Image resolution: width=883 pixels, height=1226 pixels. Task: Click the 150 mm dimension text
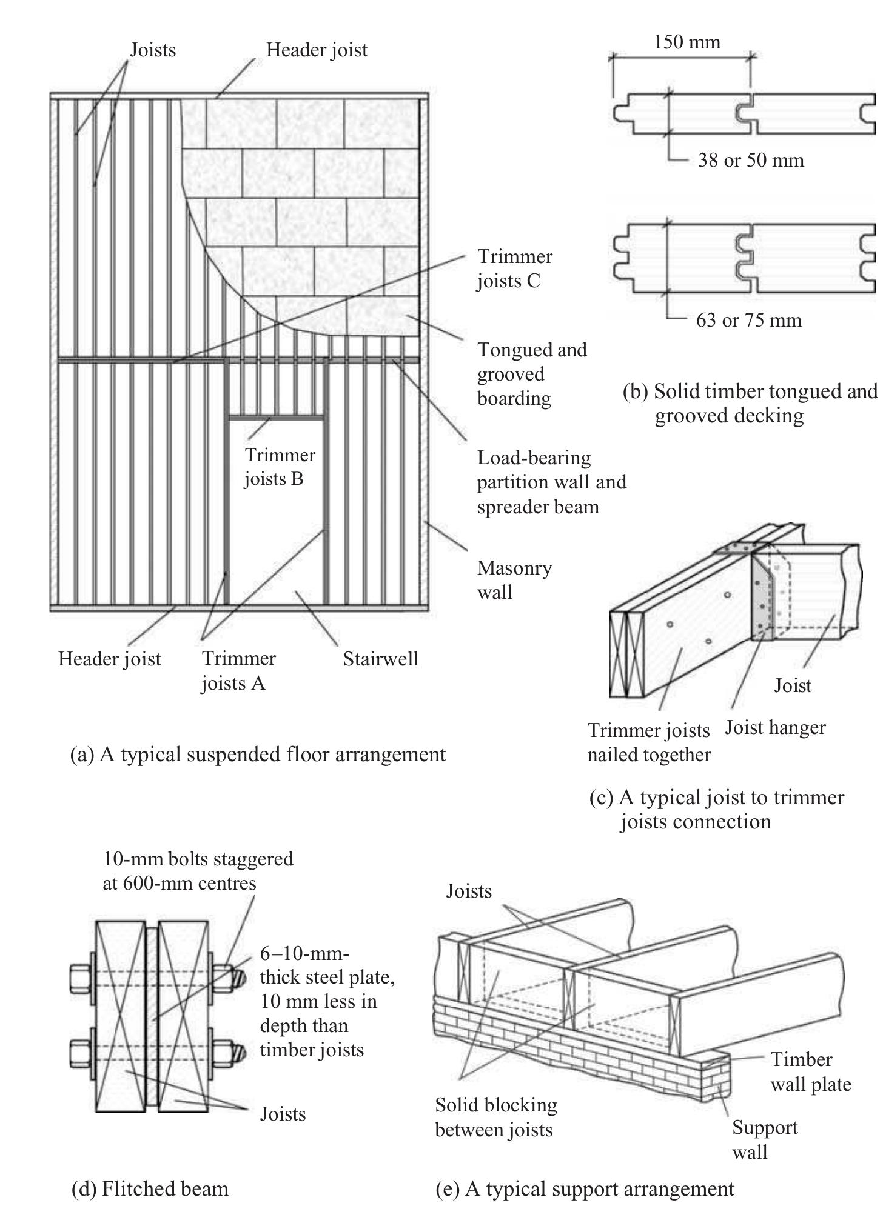687,42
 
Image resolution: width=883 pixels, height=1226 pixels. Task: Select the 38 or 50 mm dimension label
750,160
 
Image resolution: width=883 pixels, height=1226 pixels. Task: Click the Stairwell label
380,659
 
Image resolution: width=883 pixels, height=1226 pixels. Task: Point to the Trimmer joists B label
280,467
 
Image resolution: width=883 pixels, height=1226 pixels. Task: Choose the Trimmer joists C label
514,268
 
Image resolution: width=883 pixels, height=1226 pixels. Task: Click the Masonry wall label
514,580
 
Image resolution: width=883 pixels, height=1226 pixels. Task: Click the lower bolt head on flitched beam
80,1054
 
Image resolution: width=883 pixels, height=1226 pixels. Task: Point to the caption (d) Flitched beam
150,1188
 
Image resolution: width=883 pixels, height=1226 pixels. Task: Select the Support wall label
764,1139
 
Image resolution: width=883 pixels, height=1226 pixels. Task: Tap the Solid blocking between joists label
495,1117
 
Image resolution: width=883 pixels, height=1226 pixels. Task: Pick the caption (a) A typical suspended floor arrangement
258,755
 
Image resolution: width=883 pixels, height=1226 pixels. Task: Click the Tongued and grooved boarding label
531,374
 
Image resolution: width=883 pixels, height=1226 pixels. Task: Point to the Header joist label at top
317,50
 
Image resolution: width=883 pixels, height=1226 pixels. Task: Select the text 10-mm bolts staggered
198,859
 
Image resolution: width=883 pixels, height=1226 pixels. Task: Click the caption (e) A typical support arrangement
585,1188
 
